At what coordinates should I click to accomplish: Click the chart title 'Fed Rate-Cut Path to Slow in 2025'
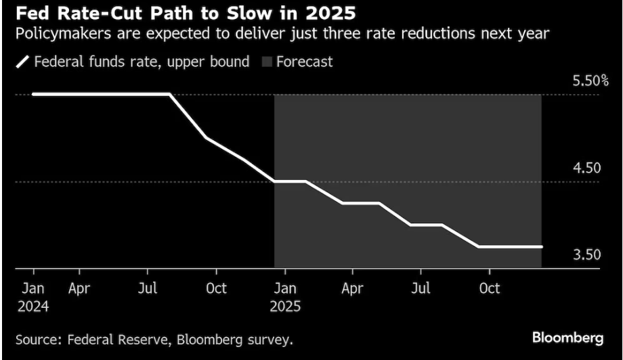point(179,13)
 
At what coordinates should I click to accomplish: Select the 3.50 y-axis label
point(587,255)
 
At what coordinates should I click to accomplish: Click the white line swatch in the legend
point(22,62)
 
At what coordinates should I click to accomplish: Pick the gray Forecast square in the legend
point(266,62)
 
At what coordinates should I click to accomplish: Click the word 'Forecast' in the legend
point(305,62)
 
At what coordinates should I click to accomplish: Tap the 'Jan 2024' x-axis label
point(33,296)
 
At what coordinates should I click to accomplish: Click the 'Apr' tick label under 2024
point(79,288)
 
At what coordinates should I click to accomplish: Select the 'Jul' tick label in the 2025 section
point(421,288)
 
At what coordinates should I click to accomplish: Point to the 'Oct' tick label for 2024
point(215,288)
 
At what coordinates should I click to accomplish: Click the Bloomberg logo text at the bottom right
point(567,337)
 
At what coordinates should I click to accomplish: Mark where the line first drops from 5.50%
point(169,94)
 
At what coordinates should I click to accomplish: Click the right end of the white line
point(542,247)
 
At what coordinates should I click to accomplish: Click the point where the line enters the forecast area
point(274,181)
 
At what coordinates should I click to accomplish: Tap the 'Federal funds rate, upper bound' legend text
point(142,62)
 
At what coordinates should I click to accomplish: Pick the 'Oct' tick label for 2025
point(489,288)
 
